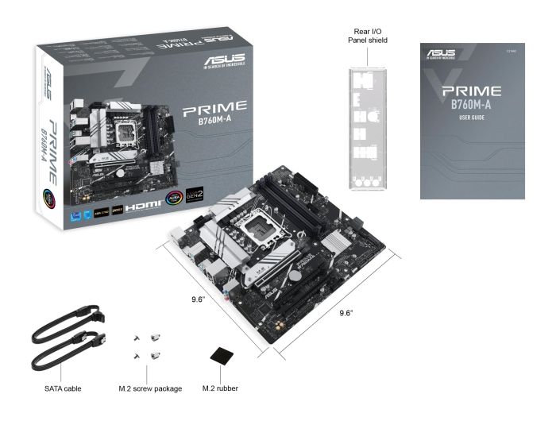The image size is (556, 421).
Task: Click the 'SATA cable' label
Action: (63, 388)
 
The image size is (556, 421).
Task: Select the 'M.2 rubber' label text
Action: (220, 388)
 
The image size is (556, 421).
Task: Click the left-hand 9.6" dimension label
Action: (199, 299)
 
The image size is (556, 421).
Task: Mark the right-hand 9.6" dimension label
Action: (346, 313)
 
